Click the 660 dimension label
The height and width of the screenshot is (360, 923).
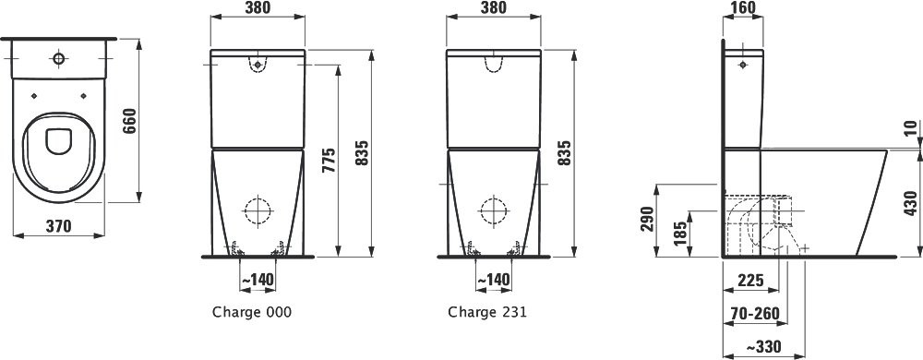pyautogui.click(x=129, y=121)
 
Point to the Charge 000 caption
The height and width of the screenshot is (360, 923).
pyautogui.click(x=252, y=312)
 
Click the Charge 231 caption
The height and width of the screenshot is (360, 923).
pyautogui.click(x=487, y=312)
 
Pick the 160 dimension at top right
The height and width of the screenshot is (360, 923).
pyautogui.click(x=742, y=7)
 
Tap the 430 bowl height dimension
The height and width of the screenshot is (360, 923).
pyautogui.click(x=911, y=203)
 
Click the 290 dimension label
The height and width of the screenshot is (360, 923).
pyautogui.click(x=647, y=220)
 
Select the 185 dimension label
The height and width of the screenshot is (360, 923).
pyautogui.click(x=679, y=234)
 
